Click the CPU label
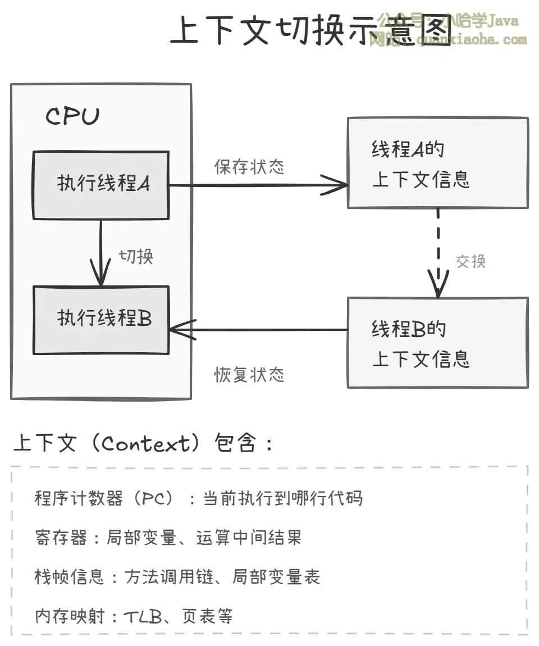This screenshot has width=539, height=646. (72, 116)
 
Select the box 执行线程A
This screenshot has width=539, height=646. (101, 185)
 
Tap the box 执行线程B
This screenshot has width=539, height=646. (101, 320)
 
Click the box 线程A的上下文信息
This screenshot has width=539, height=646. (437, 163)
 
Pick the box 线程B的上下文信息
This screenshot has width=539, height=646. (437, 343)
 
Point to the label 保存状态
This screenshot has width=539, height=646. (249, 167)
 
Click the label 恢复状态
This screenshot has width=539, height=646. (249, 375)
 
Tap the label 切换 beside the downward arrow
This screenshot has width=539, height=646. (136, 256)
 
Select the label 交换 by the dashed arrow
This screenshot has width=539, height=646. (471, 261)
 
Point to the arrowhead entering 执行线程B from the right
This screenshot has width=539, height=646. (181, 330)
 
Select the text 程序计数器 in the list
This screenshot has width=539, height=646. (79, 498)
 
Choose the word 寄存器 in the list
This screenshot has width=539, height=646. (61, 538)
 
